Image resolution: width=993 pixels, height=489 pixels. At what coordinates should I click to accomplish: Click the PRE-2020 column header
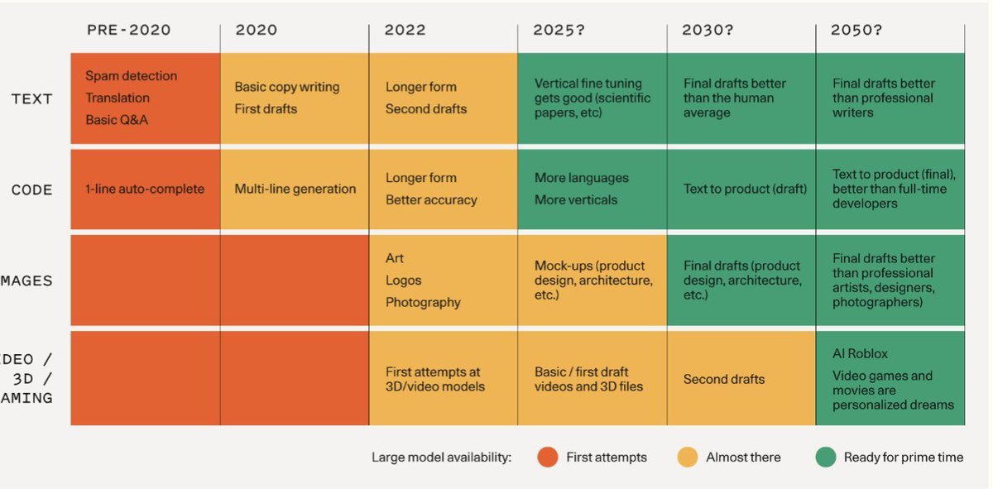pyautogui.click(x=128, y=31)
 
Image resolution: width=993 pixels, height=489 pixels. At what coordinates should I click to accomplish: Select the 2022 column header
pyautogui.click(x=405, y=31)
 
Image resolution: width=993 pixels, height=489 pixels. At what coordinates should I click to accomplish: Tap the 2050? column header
pyautogui.click(x=856, y=31)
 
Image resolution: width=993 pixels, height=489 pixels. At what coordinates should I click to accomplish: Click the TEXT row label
pyautogui.click(x=32, y=99)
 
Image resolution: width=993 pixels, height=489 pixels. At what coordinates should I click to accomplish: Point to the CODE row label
pyautogui.click(x=32, y=190)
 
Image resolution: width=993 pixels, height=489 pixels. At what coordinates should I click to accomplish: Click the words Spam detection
pyautogui.click(x=131, y=76)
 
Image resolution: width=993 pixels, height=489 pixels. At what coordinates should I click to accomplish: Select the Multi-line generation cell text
pyautogui.click(x=295, y=189)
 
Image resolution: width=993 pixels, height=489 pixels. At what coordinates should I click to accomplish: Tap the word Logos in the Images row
pyautogui.click(x=403, y=280)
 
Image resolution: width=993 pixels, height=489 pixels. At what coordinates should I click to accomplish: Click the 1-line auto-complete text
pyautogui.click(x=144, y=189)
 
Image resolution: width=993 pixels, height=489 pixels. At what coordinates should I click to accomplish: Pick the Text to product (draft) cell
pyautogui.click(x=745, y=189)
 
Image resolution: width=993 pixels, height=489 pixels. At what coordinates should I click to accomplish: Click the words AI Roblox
pyautogui.click(x=860, y=354)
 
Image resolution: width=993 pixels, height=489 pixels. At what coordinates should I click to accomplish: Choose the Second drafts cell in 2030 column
pyautogui.click(x=723, y=380)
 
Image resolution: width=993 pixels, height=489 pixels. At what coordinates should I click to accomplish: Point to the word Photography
pyautogui.click(x=423, y=303)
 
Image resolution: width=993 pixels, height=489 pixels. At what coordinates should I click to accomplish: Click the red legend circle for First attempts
pyautogui.click(x=547, y=457)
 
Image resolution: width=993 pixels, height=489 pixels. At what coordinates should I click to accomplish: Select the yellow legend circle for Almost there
pyautogui.click(x=687, y=457)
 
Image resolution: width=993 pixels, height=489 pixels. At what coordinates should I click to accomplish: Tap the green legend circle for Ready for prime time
pyautogui.click(x=825, y=457)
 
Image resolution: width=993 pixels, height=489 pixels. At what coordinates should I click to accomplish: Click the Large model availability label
pyautogui.click(x=442, y=458)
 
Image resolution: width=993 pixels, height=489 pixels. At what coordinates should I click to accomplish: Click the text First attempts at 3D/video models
pyautogui.click(x=434, y=380)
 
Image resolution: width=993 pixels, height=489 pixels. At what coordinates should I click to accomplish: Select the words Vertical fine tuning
pyautogui.click(x=588, y=84)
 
